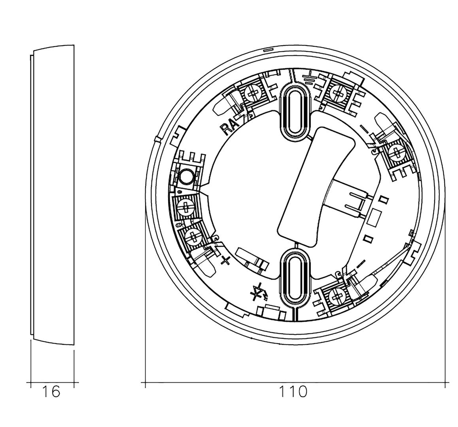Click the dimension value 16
point(51,391)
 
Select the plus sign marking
point(225,260)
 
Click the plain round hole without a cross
point(186,176)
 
